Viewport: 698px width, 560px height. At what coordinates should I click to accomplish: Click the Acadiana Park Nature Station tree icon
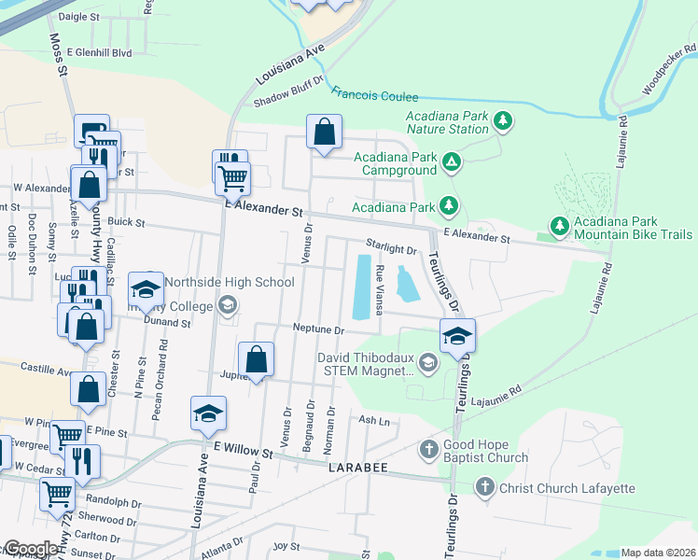(503, 120)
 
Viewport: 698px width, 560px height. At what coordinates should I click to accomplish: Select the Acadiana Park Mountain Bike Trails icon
(559, 226)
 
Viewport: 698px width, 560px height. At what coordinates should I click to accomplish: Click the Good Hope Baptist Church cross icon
(428, 450)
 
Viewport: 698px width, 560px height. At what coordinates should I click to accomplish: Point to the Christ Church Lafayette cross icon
(484, 486)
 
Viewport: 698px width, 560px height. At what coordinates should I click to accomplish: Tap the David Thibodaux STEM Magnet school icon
(428, 363)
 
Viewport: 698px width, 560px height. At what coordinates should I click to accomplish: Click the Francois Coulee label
(374, 94)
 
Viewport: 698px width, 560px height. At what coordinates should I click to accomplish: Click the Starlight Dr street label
(392, 249)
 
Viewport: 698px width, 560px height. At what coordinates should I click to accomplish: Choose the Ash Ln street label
(374, 421)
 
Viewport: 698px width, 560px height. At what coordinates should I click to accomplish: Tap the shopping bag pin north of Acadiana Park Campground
(324, 133)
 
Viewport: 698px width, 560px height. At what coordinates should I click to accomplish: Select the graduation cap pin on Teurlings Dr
(457, 337)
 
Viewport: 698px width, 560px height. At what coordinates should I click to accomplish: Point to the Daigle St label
(78, 17)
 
